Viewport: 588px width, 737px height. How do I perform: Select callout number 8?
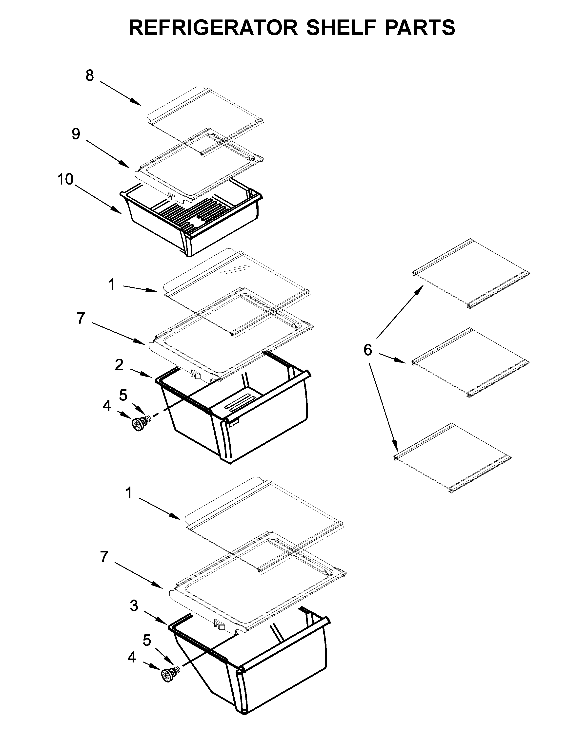[x=90, y=76]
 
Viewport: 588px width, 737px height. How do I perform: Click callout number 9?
[x=76, y=134]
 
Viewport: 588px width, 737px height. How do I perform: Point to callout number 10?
[x=66, y=179]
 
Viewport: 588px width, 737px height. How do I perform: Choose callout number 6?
[x=368, y=350]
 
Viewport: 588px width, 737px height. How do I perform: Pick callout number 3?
[x=134, y=606]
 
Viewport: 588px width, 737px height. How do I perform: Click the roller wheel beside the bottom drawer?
[x=168, y=676]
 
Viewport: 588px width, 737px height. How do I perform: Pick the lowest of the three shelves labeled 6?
[x=452, y=458]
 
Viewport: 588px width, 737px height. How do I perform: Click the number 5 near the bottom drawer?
[x=147, y=640]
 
